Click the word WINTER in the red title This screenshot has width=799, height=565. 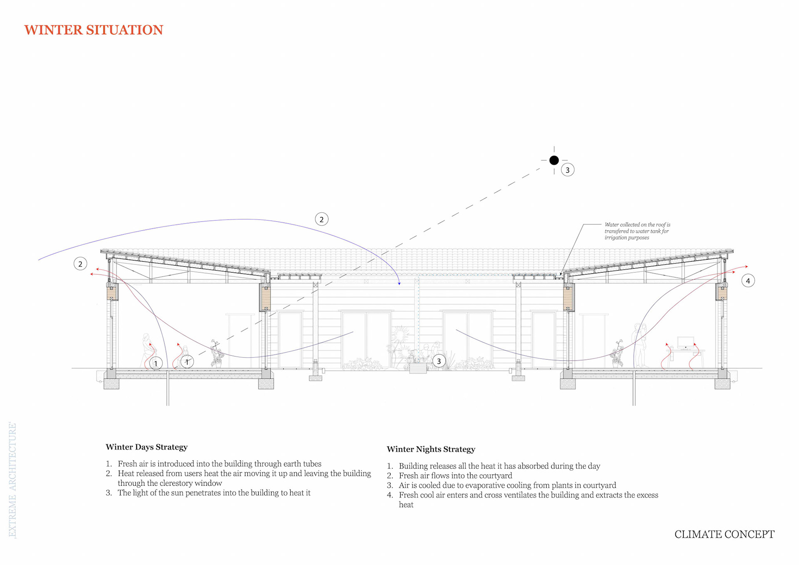tap(53, 30)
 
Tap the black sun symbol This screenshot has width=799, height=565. tap(554, 160)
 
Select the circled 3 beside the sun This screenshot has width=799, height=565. tap(568, 170)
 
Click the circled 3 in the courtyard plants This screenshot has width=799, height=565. tap(439, 361)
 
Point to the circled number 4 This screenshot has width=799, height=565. tap(748, 281)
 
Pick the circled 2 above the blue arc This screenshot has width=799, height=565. tap(321, 219)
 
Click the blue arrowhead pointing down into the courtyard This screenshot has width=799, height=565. tap(399, 283)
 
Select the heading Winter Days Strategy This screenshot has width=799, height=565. tap(146, 447)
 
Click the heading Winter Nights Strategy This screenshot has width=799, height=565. tap(431, 449)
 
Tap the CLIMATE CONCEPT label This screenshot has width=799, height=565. tap(724, 535)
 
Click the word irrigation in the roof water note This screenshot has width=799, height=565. tap(615, 238)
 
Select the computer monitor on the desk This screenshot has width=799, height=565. tap(685, 342)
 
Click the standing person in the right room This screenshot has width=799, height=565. tap(640, 345)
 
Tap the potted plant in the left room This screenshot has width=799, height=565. tap(216, 354)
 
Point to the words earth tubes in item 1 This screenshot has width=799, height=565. tap(302, 464)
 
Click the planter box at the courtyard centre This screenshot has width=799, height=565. tap(418, 368)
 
